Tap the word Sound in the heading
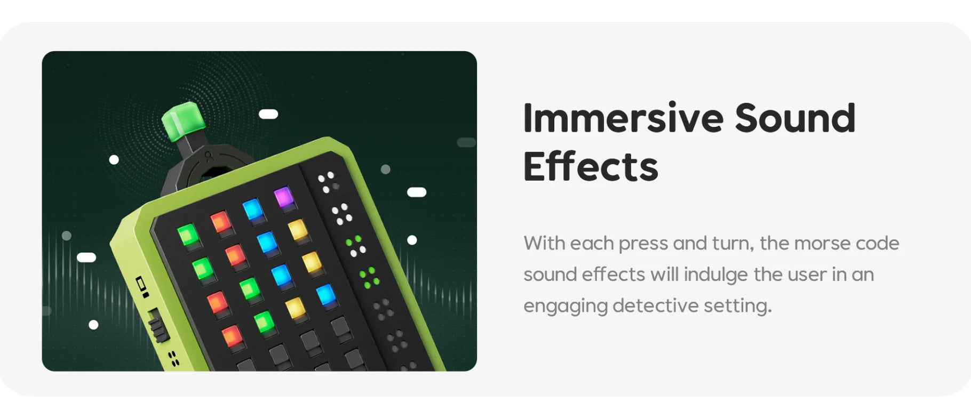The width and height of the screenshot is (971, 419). point(795,118)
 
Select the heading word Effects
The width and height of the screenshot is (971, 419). point(591,166)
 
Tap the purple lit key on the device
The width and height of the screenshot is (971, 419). point(284,198)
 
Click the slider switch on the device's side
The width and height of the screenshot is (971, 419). point(158,324)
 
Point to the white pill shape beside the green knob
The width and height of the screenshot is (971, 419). point(268,114)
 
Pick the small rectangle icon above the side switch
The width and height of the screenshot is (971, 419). point(141,284)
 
